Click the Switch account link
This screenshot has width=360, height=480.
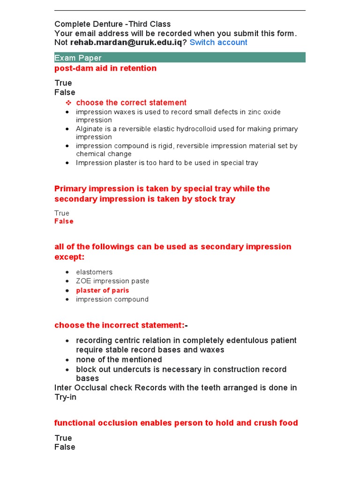[218, 42]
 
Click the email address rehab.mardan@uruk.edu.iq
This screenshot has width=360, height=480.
[126, 42]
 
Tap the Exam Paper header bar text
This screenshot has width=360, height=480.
[78, 58]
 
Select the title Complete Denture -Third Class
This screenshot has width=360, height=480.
[112, 24]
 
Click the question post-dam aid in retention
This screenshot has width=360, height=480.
[105, 68]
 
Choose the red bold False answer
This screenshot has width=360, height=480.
[64, 221]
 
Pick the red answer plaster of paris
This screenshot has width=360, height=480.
[103, 290]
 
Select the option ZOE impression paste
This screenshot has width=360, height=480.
[112, 281]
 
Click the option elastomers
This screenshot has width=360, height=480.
[94, 272]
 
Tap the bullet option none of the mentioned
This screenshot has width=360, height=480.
[119, 360]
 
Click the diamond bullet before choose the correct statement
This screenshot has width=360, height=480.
[68, 103]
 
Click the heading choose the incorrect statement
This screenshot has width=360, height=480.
[120, 325]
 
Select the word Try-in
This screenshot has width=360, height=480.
[65, 397]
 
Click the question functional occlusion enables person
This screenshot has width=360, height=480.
[176, 423]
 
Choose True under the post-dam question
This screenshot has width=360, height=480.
[63, 83]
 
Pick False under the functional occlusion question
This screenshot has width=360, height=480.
[65, 447]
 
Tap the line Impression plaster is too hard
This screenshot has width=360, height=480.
[167, 163]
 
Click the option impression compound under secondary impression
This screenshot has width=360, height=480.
[112, 299]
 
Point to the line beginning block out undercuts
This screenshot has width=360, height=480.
[181, 369]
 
